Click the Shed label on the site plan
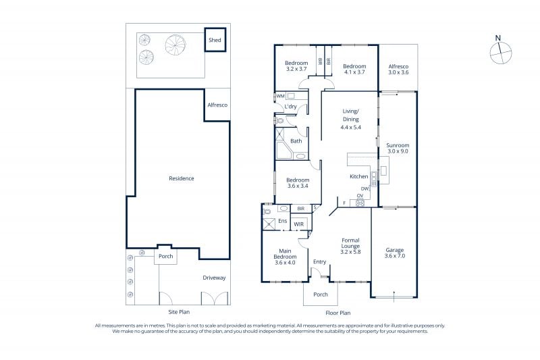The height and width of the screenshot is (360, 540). [215, 40]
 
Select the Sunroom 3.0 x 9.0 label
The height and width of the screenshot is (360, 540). [398, 148]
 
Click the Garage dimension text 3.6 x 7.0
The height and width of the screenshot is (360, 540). [395, 256]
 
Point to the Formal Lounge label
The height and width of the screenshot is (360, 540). [350, 243]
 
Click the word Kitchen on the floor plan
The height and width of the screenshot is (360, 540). [359, 176]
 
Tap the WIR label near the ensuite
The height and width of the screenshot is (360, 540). [298, 224]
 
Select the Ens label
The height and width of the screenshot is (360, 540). [282, 221]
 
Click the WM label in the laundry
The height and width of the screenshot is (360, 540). [280, 96]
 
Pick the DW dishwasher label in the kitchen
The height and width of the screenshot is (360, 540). [364, 189]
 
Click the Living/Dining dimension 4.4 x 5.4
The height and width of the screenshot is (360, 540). [350, 127]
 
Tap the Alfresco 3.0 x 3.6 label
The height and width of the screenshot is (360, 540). [398, 70]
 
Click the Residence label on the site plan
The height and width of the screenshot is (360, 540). [182, 178]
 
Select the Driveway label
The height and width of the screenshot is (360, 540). [214, 278]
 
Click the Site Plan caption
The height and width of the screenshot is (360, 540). [179, 312]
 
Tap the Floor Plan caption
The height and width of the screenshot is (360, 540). [338, 313]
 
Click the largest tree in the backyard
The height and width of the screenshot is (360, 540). [175, 45]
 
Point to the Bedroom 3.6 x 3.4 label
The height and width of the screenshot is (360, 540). [298, 183]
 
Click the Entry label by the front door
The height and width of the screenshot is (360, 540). [319, 262]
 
